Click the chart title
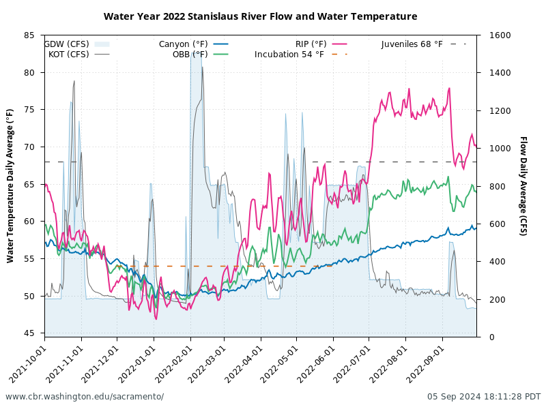click(260, 16)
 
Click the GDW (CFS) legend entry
click(67, 44)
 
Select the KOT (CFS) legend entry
click(69, 55)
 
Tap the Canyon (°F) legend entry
click(184, 44)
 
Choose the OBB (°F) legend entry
click(190, 55)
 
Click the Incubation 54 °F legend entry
click(289, 55)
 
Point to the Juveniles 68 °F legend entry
click(412, 44)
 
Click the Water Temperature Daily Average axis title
click(10, 185)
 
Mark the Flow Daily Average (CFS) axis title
click(523, 185)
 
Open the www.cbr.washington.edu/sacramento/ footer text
click(85, 397)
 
